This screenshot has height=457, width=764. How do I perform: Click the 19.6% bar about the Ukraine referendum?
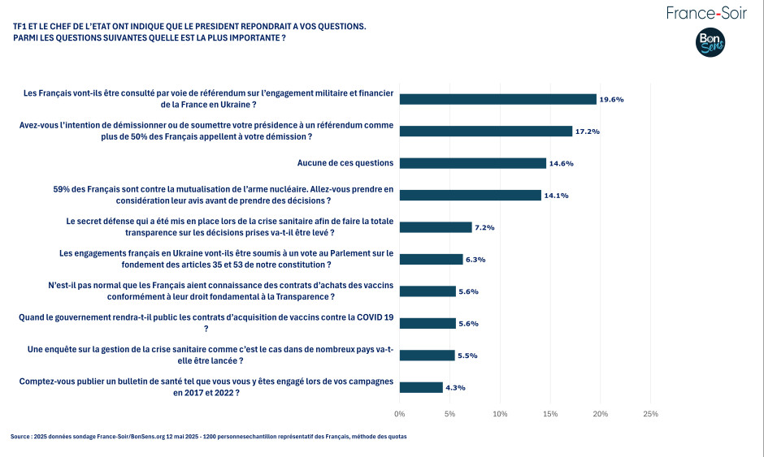497,99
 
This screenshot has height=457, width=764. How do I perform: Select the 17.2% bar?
485,131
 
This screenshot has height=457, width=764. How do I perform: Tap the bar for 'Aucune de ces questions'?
472,163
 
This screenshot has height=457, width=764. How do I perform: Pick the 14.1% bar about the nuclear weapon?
470,195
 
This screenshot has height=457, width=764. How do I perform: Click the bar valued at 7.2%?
435,227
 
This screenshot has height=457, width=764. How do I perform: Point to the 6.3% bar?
431,259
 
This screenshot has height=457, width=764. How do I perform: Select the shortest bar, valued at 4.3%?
420,387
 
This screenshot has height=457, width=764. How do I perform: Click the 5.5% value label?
468,356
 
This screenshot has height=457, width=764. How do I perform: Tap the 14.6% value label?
561,163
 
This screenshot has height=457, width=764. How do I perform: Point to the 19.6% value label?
611,99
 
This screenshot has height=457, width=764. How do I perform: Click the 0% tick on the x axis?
399,414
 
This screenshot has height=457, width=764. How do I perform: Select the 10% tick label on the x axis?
500,414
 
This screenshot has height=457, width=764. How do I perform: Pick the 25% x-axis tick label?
650,414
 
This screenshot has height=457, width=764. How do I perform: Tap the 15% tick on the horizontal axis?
550,414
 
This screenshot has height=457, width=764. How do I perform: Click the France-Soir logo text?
705,13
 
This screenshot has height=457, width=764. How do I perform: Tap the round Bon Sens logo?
710,43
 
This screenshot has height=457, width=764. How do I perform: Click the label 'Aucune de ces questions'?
345,163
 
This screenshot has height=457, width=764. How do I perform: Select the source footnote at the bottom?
209,437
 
